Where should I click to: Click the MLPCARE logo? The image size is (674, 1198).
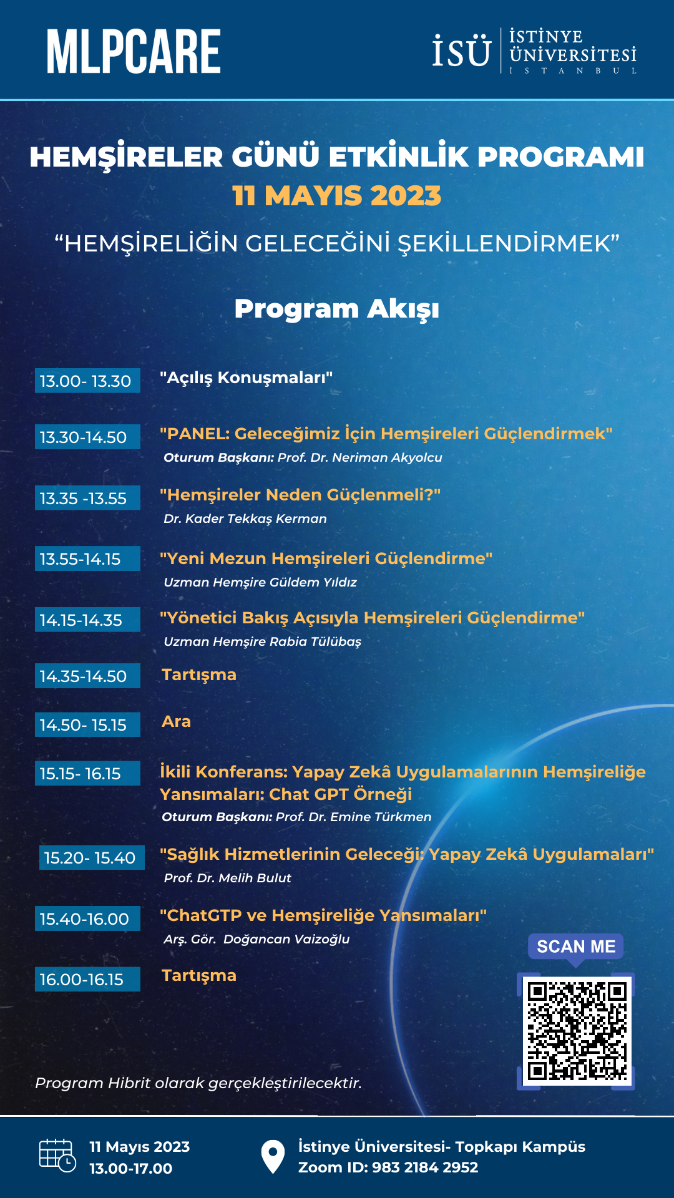(134, 52)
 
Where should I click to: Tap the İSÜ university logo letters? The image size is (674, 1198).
(461, 52)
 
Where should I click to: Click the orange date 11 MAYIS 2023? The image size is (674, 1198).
(336, 196)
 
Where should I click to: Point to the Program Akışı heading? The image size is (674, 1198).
(336, 309)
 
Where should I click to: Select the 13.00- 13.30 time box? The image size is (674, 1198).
(87, 381)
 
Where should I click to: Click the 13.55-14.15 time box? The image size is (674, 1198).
(87, 559)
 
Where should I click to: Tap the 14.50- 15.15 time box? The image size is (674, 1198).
(87, 725)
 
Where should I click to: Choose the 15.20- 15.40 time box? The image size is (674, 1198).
(91, 858)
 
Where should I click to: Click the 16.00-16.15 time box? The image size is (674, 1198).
(87, 980)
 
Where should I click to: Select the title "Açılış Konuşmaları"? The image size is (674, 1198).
(246, 377)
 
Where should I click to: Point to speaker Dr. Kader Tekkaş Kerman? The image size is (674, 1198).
(245, 519)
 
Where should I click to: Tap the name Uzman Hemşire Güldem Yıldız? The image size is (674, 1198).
(260, 582)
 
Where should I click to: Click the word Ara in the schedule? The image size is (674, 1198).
(176, 722)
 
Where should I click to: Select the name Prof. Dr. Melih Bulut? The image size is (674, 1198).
(227, 878)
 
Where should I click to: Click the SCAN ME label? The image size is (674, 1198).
(575, 947)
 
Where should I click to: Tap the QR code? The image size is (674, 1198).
(576, 1031)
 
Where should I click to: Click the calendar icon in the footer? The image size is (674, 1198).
(57, 1156)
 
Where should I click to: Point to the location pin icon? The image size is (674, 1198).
(273, 1156)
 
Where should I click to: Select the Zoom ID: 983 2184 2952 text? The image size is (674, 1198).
(388, 1167)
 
